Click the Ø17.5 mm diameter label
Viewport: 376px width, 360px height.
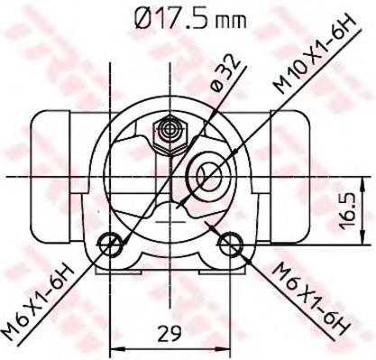coord(190,18)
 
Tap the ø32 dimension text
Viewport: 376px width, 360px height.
coord(226,73)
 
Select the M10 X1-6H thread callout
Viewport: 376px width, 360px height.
coord(314,55)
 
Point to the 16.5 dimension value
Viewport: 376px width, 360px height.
coord(349,211)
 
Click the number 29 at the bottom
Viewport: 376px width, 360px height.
coord(170,333)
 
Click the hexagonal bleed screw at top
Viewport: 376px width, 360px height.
coord(170,136)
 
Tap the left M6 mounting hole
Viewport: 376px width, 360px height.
coord(110,245)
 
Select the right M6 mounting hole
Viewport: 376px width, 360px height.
coord(231,244)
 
